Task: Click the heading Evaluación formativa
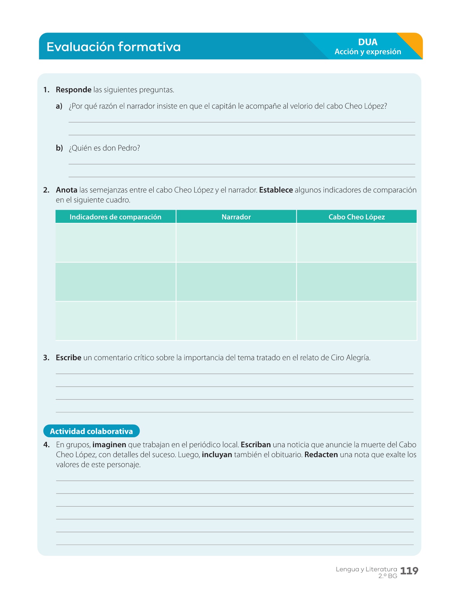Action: [113, 47]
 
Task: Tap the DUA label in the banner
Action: [368, 42]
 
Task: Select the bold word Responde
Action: [74, 90]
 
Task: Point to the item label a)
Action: [59, 106]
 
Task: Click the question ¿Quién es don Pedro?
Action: [104, 148]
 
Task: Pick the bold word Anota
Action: [67, 190]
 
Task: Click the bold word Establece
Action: [276, 190]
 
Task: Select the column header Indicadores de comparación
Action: [115, 217]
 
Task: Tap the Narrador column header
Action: [236, 217]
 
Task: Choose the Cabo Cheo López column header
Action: [357, 217]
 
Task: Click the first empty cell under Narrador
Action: [236, 243]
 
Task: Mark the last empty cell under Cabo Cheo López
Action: [357, 321]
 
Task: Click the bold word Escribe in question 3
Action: [69, 358]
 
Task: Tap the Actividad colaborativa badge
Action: [91, 431]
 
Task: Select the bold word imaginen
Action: [109, 445]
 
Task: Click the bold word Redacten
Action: [321, 455]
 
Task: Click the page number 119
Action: [409, 571]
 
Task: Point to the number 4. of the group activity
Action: [47, 445]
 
